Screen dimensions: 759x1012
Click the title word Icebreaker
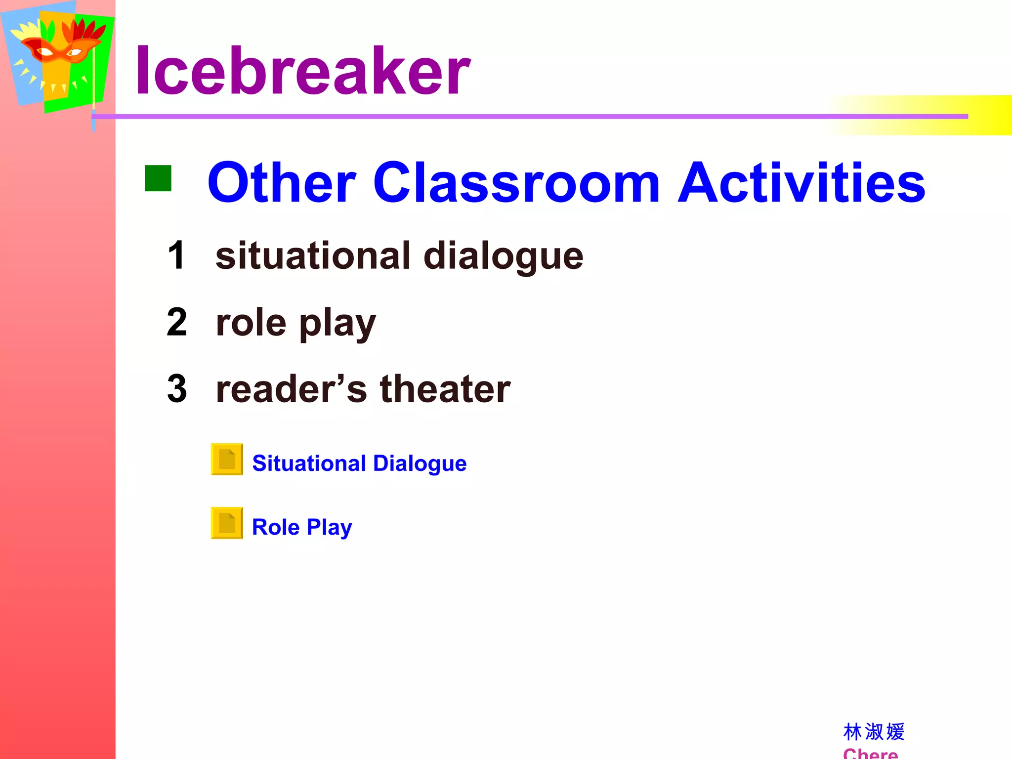pos(302,71)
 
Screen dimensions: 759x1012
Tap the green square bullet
pos(158,178)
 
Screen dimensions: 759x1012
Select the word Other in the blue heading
pos(282,183)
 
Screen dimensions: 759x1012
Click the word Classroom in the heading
pos(516,183)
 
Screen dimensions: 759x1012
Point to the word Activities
pos(801,183)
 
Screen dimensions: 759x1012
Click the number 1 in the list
pos(176,255)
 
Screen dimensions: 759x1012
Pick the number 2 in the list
pos(177,322)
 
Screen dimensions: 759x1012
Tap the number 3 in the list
pos(177,389)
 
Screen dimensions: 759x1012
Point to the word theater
pos(445,389)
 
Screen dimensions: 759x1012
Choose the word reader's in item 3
pos(292,389)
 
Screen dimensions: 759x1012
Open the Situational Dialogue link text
pos(359,464)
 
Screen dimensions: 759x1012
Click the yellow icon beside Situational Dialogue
pos(227,459)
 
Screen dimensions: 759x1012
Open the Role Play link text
pos(302,527)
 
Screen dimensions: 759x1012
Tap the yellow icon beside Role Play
pos(227,523)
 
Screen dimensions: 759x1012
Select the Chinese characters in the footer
pos(874,732)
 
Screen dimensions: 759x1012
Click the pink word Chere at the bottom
pos(870,753)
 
